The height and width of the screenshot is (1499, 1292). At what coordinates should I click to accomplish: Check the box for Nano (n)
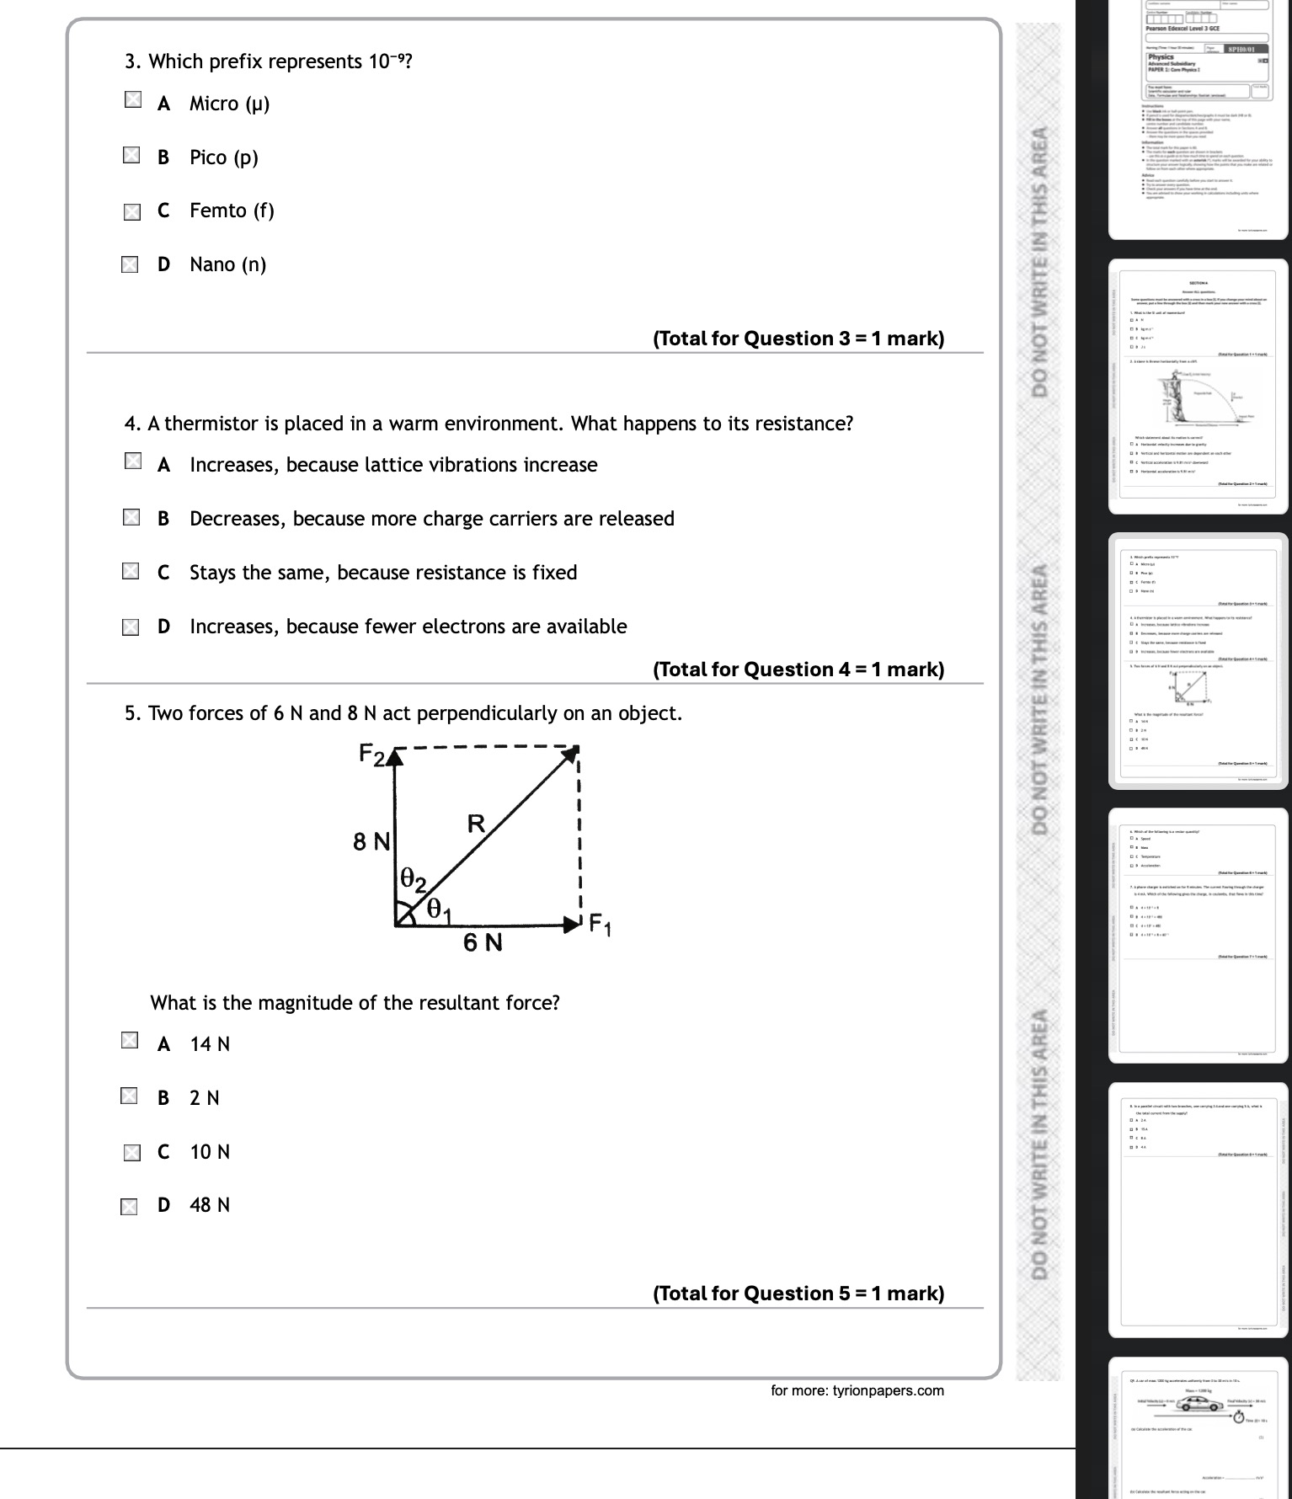[130, 265]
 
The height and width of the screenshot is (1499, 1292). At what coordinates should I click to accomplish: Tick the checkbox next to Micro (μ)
[133, 100]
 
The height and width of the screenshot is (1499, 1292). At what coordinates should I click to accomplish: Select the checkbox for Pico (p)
[131, 155]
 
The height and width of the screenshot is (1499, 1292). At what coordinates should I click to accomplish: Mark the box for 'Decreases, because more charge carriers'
[131, 517]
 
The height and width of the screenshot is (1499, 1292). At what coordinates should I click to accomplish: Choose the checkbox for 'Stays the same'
[131, 572]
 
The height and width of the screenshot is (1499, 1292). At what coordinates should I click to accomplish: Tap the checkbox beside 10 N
[131, 1153]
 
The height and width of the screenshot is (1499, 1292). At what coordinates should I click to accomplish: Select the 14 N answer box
[130, 1041]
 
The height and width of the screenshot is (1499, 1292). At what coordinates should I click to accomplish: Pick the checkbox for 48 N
[129, 1208]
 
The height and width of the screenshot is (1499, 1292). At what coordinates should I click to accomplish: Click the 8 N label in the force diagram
[371, 841]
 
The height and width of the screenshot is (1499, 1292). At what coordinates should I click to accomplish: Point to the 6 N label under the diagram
[483, 942]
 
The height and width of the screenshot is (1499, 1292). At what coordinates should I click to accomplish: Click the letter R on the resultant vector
[476, 824]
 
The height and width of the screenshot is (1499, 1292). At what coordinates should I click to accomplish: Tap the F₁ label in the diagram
[600, 925]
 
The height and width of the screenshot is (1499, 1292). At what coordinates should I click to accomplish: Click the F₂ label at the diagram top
[371, 754]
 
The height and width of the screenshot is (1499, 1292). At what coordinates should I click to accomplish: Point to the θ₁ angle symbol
[439, 909]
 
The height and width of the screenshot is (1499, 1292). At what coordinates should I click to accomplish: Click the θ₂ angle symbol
[413, 880]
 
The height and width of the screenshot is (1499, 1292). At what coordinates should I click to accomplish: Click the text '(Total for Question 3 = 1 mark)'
[798, 339]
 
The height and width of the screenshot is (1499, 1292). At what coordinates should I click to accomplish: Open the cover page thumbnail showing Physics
[1199, 118]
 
